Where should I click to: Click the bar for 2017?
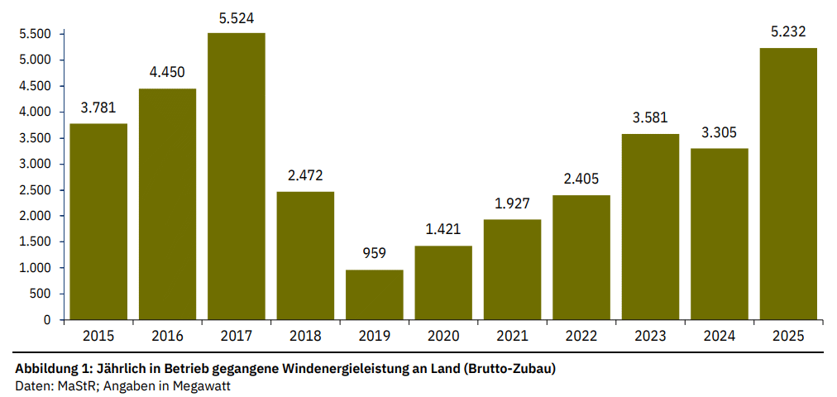click(x=237, y=176)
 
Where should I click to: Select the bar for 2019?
click(x=375, y=294)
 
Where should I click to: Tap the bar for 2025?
click(x=788, y=184)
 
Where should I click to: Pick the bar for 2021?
click(x=513, y=270)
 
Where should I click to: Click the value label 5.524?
click(x=237, y=17)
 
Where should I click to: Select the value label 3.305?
click(x=719, y=132)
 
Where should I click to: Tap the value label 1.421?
click(x=443, y=230)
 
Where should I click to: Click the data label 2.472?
click(x=305, y=175)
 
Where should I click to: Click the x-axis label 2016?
click(x=167, y=336)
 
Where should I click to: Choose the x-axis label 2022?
click(x=581, y=336)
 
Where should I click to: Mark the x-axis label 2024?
click(x=719, y=336)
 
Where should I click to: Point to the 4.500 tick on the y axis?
click(x=35, y=86)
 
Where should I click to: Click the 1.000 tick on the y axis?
click(x=35, y=268)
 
